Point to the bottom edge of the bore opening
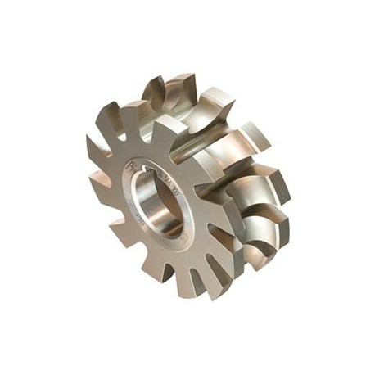pyautogui.click(x=168, y=235)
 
